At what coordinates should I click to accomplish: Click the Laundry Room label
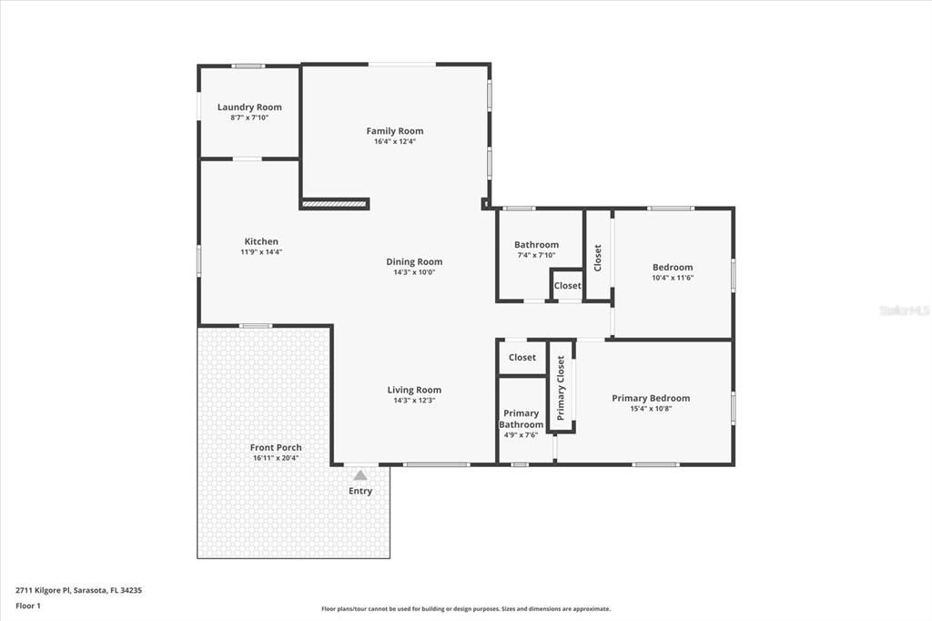pos(249,107)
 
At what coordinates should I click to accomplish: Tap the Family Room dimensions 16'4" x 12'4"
pos(395,141)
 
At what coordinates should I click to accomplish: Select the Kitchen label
pos(261,241)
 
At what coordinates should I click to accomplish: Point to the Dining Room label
pos(414,261)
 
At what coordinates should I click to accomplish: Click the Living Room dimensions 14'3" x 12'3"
pos(414,401)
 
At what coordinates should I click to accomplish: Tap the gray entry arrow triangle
pos(360,474)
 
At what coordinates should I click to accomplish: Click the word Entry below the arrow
pos(360,492)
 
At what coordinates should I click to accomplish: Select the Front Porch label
pos(276,447)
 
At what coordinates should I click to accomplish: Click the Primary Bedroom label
pos(651,398)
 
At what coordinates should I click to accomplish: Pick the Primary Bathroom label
pos(522,419)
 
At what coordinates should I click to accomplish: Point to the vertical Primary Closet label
pos(561,388)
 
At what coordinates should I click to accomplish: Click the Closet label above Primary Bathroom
pos(522,358)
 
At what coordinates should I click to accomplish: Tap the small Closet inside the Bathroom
pos(567,286)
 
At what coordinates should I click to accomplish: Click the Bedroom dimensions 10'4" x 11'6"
pos(673,278)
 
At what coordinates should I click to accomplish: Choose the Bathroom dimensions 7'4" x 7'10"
pos(536,255)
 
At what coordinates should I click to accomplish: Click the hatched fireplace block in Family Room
pos(334,204)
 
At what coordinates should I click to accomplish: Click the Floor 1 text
pos(28,606)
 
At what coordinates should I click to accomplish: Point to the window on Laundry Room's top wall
pos(248,66)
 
